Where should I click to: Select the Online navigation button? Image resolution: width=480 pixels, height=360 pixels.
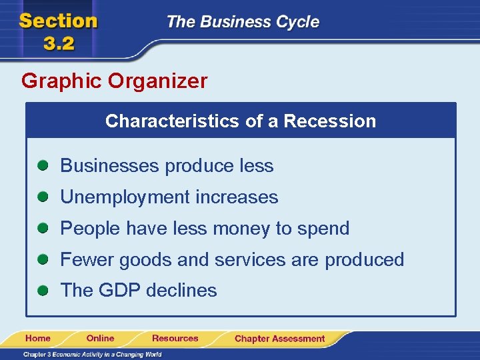click(101, 338)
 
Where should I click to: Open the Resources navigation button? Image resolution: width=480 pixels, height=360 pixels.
click(175, 338)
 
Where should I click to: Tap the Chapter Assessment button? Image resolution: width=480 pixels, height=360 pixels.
click(279, 339)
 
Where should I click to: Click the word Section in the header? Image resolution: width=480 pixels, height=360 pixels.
click(58, 21)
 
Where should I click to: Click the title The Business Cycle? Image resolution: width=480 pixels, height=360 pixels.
click(243, 22)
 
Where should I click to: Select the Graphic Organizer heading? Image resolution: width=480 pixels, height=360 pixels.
click(114, 81)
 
